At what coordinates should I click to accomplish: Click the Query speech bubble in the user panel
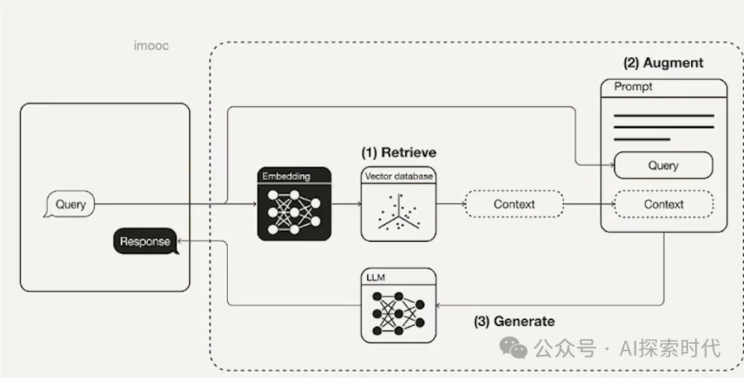69,205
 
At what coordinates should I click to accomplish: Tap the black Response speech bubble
146,241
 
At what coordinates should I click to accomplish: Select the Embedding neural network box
294,204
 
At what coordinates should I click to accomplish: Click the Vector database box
398,204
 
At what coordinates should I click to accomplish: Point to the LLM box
398,305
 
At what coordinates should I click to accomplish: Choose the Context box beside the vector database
514,205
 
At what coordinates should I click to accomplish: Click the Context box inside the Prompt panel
664,205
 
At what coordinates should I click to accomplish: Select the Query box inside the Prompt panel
664,165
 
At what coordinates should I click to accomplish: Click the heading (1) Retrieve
398,153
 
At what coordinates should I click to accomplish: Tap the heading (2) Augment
664,63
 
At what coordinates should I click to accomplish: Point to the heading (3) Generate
515,321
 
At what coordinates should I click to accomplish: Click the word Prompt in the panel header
633,87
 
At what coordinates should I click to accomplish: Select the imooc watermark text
151,46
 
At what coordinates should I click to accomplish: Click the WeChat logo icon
513,348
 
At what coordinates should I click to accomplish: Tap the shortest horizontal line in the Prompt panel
642,139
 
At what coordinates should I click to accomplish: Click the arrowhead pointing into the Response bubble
180,241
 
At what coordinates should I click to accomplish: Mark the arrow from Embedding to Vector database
346,205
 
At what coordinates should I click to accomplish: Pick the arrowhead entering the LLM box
439,305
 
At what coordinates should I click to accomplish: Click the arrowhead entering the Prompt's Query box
611,165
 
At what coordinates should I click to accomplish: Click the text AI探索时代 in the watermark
670,348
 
